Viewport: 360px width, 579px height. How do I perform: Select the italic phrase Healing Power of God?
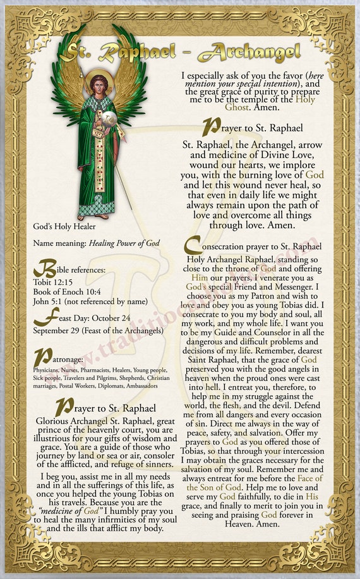pos(124,243)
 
